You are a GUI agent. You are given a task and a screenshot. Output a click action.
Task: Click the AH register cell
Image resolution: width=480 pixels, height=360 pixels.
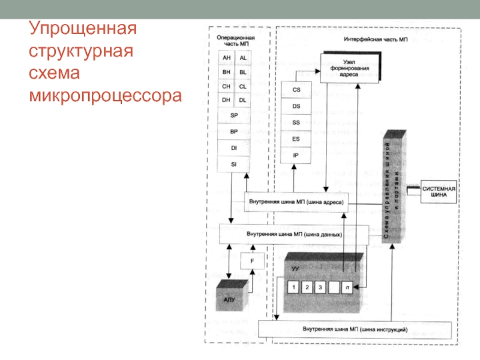[x=226, y=58]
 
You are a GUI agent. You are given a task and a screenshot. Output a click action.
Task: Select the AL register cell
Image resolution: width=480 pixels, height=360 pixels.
[x=242, y=58]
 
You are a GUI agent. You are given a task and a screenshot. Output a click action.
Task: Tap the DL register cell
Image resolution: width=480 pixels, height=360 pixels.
[x=242, y=100]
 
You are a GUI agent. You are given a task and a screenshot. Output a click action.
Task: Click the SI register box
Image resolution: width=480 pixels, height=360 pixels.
[x=234, y=163]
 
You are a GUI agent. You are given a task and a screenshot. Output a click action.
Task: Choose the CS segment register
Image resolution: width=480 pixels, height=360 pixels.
[x=296, y=89]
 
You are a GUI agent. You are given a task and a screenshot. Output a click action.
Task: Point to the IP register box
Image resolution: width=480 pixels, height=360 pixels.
[x=296, y=155]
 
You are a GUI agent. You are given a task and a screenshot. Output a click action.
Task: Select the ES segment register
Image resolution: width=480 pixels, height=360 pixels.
[x=296, y=139]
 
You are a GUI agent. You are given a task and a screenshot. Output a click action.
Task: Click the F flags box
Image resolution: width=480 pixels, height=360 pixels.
[x=252, y=261]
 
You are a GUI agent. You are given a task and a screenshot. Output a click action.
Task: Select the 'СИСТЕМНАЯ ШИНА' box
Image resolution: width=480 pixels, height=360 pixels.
[x=439, y=191]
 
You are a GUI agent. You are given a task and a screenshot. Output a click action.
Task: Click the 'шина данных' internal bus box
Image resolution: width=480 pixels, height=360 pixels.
[x=295, y=234]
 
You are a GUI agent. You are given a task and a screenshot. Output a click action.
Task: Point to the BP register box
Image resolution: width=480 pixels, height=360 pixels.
[x=234, y=131]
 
